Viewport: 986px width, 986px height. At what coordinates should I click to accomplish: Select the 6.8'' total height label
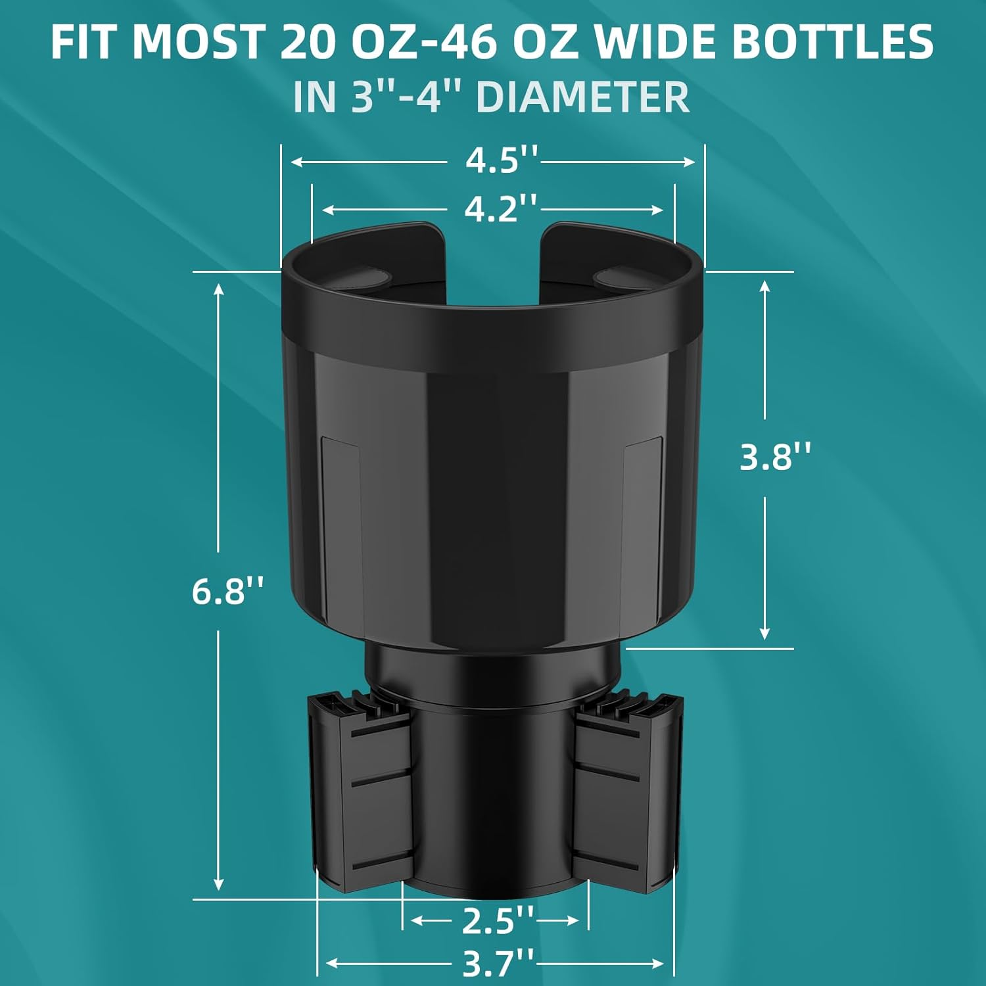tap(227, 591)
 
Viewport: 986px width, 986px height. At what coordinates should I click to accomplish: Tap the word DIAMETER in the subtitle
tap(582, 97)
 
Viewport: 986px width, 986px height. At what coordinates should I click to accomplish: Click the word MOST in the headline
tap(197, 42)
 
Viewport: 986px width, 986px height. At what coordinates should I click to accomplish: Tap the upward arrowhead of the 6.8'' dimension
tap(220, 290)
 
